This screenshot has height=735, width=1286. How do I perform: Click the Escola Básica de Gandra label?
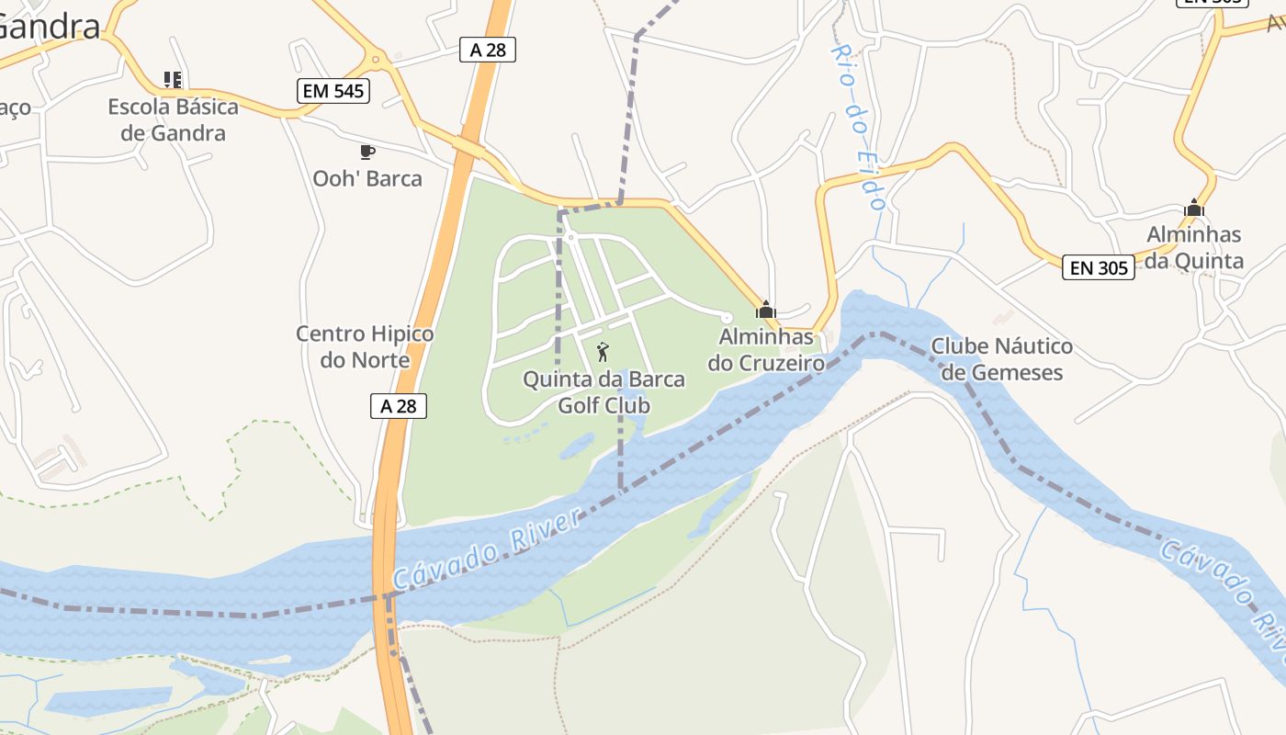[x=173, y=119]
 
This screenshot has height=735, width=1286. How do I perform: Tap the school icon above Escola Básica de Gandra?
[x=172, y=80]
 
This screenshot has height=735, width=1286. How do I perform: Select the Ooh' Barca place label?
[x=367, y=178]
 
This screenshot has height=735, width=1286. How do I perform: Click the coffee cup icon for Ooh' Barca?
[x=367, y=152]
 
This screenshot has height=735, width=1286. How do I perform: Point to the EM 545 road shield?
[x=333, y=91]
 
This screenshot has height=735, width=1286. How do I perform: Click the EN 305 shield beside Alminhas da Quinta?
[x=1099, y=267]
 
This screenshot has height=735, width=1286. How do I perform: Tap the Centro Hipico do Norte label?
[x=365, y=346]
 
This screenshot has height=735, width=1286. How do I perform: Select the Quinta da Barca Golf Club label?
[x=604, y=391]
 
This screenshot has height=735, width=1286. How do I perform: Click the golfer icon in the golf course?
[x=603, y=351]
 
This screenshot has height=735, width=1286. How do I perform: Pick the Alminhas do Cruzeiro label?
[x=766, y=349]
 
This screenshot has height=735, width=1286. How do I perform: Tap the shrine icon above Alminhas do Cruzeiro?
[x=765, y=310]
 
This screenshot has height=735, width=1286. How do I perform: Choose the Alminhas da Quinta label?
[x=1194, y=248]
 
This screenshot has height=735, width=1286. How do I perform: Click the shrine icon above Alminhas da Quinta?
[x=1194, y=209]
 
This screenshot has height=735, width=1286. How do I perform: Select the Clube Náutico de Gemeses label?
[x=1001, y=359]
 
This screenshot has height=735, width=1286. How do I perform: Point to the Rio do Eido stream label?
[x=858, y=128]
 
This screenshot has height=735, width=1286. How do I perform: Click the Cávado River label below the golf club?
[x=488, y=549]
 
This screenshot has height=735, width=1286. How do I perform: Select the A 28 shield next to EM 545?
[x=488, y=50]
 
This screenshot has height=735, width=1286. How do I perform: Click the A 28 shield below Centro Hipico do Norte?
[x=399, y=405]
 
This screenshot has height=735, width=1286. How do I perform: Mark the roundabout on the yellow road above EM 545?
[x=376, y=61]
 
